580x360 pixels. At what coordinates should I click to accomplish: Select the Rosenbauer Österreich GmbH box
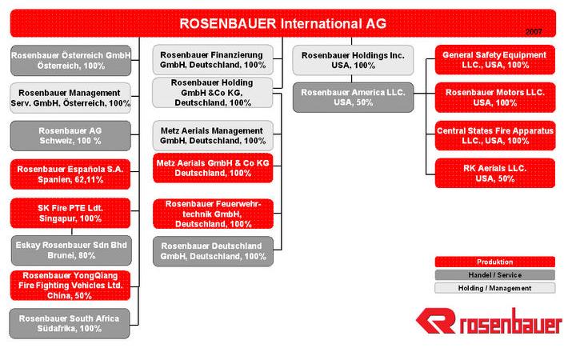coord(70,60)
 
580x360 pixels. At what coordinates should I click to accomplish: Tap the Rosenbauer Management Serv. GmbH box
coord(70,98)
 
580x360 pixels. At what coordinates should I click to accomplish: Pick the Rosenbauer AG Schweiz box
coord(70,135)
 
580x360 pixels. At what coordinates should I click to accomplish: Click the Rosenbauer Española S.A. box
coord(70,174)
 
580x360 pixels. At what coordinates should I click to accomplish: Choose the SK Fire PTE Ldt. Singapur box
coord(70,213)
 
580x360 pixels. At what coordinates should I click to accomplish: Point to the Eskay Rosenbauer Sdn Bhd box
coord(70,250)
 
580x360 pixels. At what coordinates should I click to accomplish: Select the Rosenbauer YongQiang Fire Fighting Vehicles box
coord(70,285)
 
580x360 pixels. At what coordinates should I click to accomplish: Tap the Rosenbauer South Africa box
coord(70,323)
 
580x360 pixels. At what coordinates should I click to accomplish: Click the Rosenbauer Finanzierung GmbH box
coord(213,60)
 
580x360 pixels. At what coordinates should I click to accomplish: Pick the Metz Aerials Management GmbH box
coord(213,135)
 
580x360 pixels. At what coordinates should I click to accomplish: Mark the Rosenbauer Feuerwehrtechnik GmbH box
coord(213,214)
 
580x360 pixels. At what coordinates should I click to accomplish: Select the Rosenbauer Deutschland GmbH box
coord(213,251)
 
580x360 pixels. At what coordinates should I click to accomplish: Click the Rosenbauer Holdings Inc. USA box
coord(353,60)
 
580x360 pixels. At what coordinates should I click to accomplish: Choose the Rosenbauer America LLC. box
coord(353,98)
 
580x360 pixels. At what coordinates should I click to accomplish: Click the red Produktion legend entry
coord(494,262)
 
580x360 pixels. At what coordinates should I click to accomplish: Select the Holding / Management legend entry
coord(494,288)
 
